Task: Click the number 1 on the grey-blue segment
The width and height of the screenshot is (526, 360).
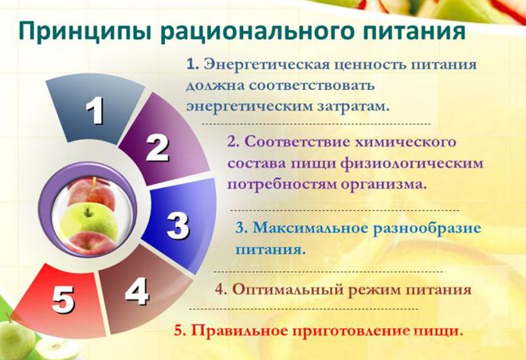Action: [x=94, y=111]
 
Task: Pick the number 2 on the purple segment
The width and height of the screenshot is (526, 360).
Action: [x=157, y=147]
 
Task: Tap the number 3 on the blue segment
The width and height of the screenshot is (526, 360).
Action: [x=177, y=226]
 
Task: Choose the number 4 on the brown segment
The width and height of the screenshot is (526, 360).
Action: [x=136, y=292]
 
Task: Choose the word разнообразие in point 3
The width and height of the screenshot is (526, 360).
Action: [x=429, y=227]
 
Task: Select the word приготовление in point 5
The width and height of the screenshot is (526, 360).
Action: [x=355, y=329]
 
